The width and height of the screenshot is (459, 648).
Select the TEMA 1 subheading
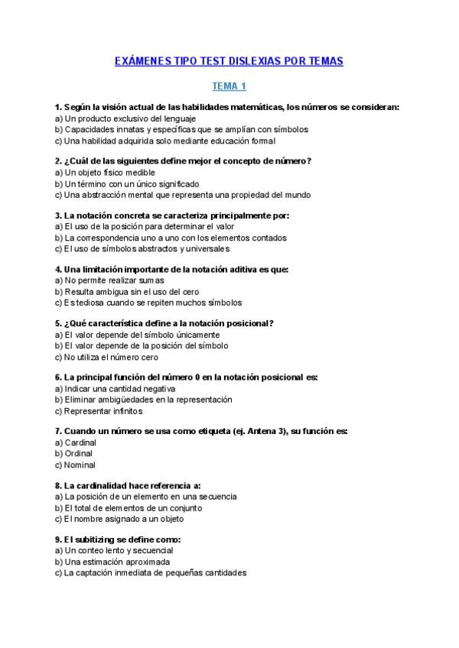point(229,86)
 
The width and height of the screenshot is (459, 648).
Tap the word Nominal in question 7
point(80,465)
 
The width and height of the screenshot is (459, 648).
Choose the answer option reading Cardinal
point(81,442)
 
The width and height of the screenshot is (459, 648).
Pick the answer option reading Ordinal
point(79,453)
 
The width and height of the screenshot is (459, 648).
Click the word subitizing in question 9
point(100,539)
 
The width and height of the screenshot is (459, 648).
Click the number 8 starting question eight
point(58,485)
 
